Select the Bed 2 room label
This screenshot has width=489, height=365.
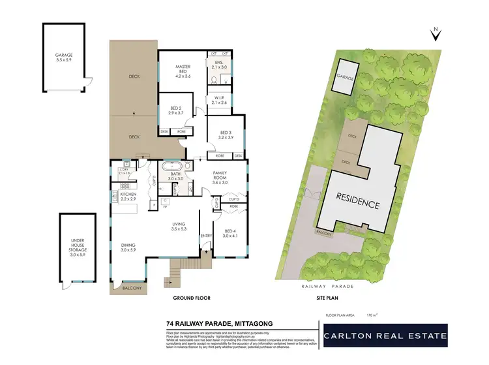click(x=176, y=110)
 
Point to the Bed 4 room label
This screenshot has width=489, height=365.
click(x=231, y=233)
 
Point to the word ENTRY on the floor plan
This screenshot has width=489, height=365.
click(x=207, y=235)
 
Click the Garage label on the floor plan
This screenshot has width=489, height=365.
click(x=64, y=57)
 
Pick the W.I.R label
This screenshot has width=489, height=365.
click(x=219, y=100)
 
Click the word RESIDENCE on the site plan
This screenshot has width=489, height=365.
click(x=357, y=200)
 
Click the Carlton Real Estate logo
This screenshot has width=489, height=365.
click(x=386, y=337)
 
